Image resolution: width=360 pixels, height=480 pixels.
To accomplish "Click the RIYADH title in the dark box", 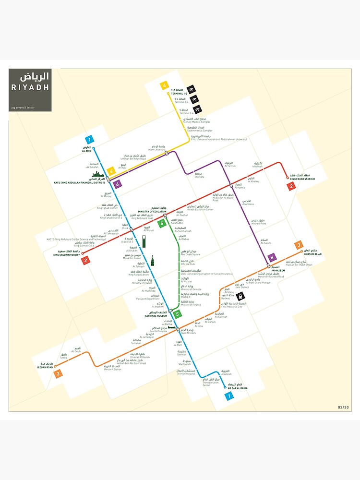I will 30,87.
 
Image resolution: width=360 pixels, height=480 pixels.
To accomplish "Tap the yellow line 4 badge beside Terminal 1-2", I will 165,86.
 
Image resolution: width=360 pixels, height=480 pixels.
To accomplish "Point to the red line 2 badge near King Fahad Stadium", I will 291,186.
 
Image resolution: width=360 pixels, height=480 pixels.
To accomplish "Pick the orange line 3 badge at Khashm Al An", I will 299,245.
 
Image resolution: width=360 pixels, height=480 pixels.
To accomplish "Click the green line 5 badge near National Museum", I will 178,315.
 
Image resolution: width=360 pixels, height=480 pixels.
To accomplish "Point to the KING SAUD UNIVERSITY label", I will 66,253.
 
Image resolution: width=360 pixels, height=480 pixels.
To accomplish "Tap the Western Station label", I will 113,369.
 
